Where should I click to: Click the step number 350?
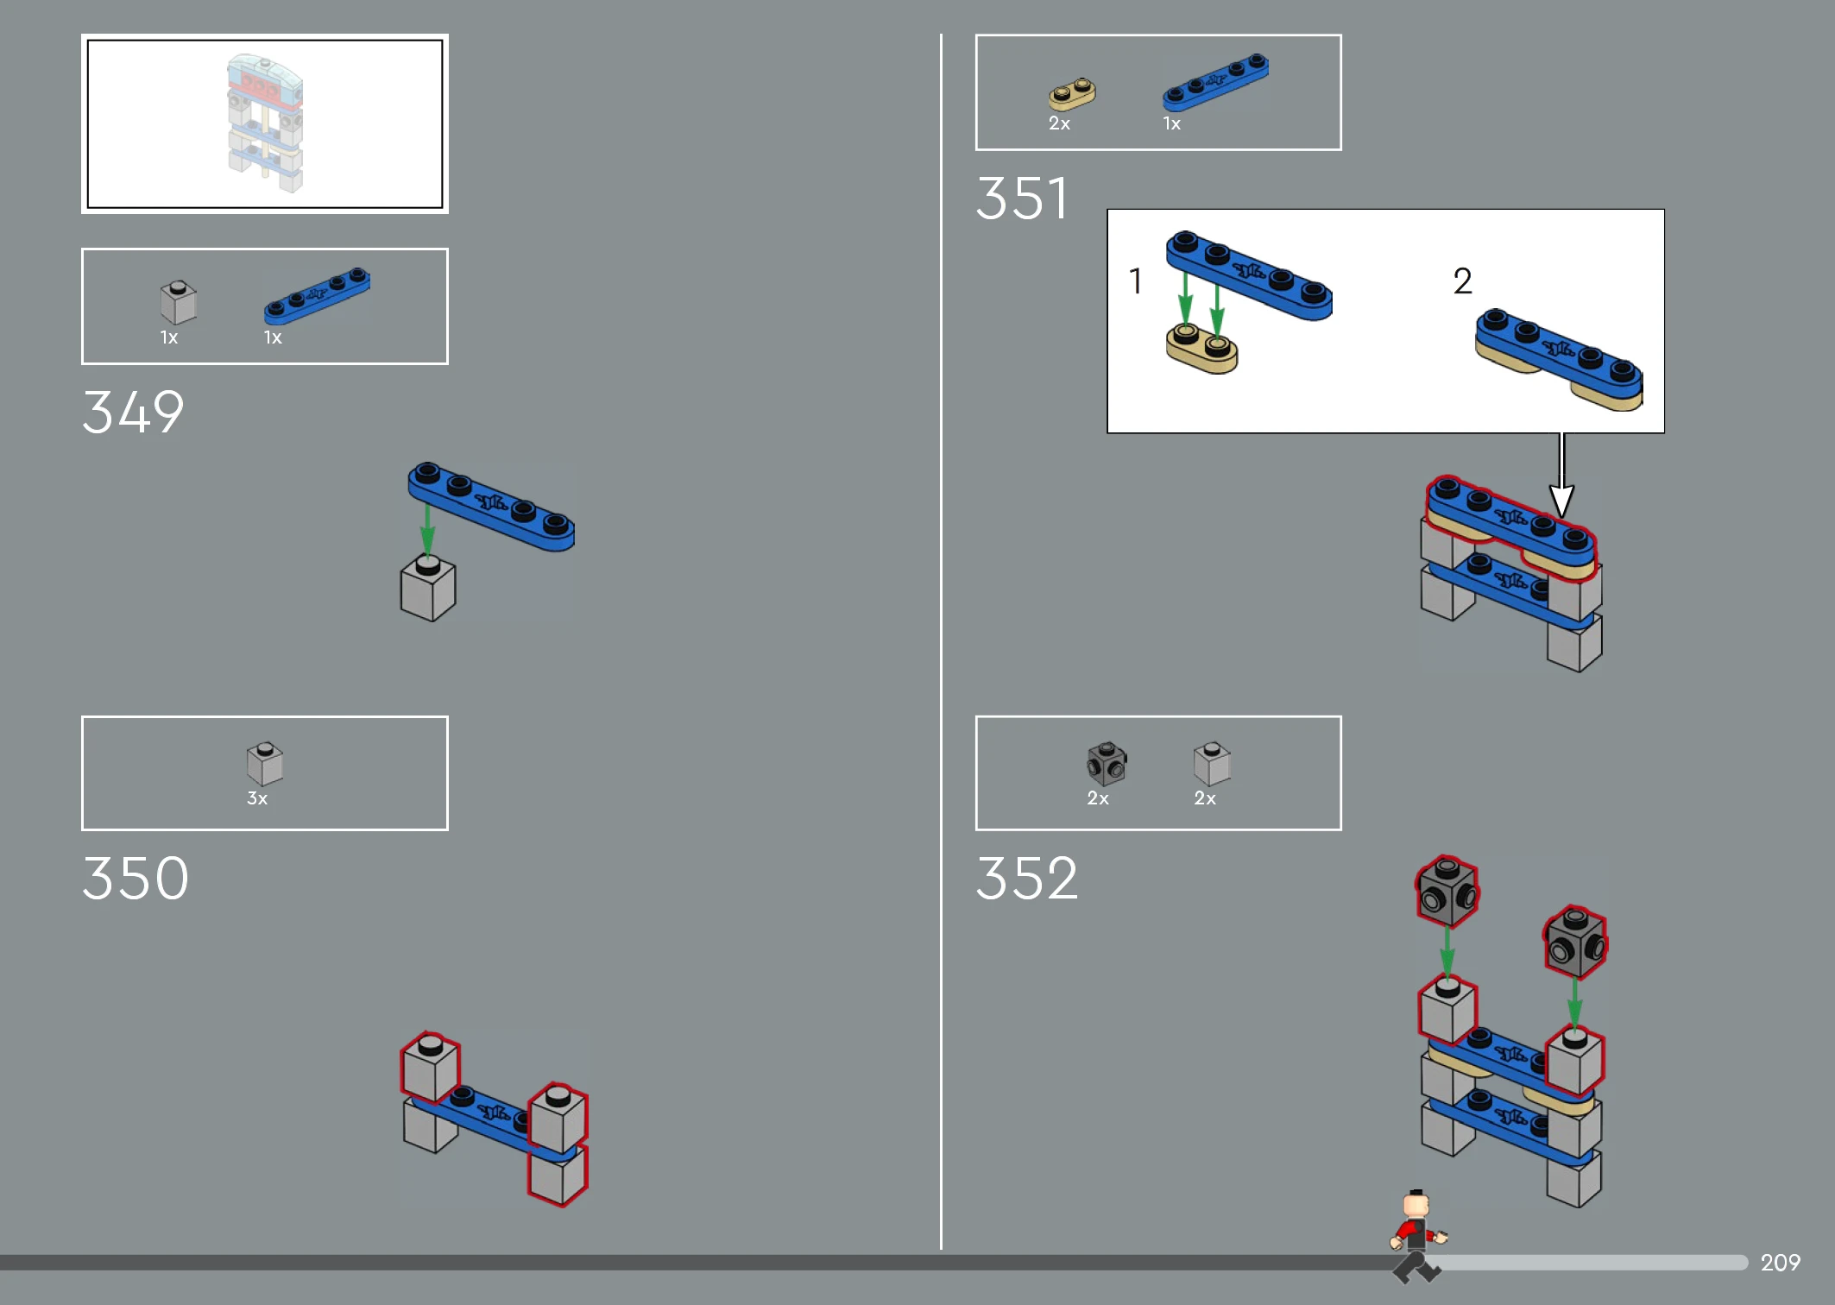(136, 879)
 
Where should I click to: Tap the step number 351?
(1022, 198)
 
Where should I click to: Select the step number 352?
(1027, 879)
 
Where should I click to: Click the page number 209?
(1780, 1263)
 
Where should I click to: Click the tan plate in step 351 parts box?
(1072, 93)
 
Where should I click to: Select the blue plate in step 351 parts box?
(1215, 82)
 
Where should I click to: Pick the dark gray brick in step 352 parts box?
(1107, 763)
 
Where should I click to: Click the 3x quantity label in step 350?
(257, 798)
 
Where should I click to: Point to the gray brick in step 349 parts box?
(179, 302)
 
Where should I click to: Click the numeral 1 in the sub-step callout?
(1136, 281)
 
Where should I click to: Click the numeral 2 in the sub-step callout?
(1462, 281)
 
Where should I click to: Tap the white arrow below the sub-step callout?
(1561, 476)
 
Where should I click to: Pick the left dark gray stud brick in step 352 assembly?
(1447, 892)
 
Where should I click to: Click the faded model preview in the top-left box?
(265, 123)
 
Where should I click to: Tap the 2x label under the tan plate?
(1059, 123)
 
